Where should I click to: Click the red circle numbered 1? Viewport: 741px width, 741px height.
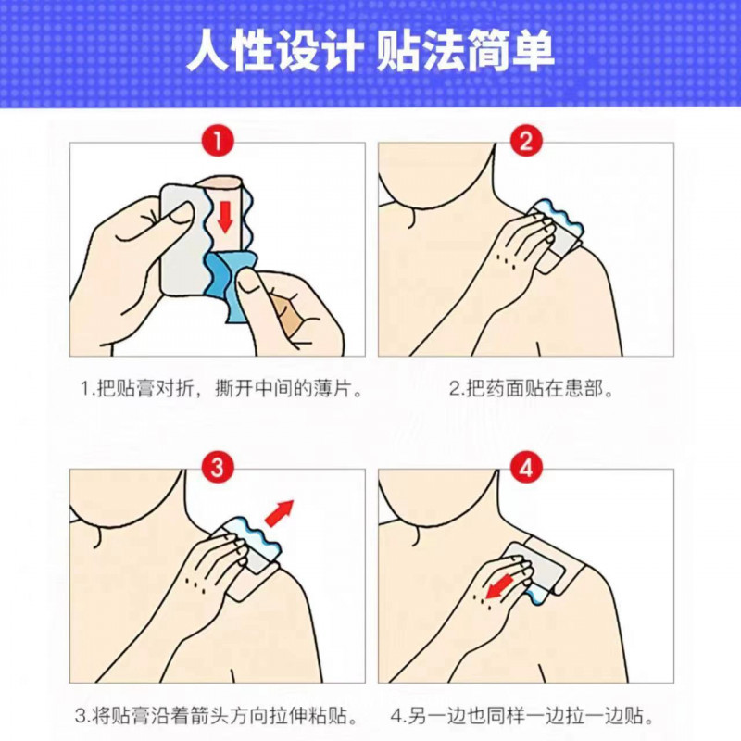pos(217,142)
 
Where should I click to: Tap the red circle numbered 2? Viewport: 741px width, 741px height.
pos(525,142)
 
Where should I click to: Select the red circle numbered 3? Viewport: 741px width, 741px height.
pos(217,468)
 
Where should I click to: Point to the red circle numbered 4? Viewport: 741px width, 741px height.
pos(525,468)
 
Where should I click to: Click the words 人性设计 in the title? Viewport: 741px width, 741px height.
pos(272,53)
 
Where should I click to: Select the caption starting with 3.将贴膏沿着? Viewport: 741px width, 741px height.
pos(217,716)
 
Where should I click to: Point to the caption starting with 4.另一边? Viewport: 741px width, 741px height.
pos(524,716)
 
